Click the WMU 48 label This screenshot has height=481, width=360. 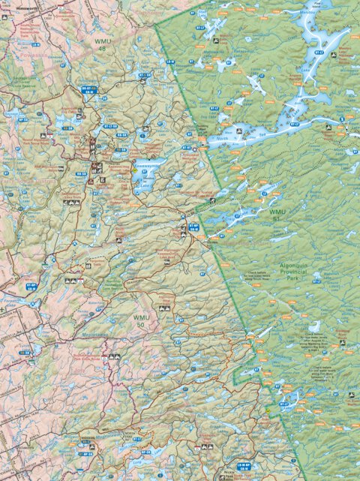(100, 44)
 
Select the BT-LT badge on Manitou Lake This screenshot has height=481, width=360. (318, 54)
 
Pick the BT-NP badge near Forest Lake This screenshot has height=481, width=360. (31, 286)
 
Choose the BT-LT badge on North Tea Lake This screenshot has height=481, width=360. (294, 124)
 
